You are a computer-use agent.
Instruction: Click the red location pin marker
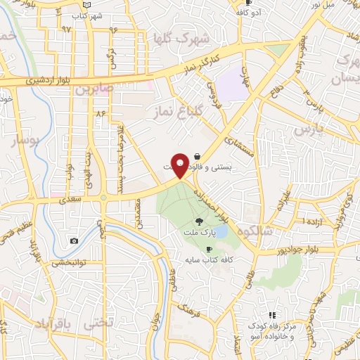coord(180,165)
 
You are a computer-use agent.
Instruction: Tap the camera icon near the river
coord(75,241)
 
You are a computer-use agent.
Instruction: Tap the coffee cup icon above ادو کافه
coord(248,3)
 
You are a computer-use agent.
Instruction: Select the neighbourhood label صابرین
coord(95,89)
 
